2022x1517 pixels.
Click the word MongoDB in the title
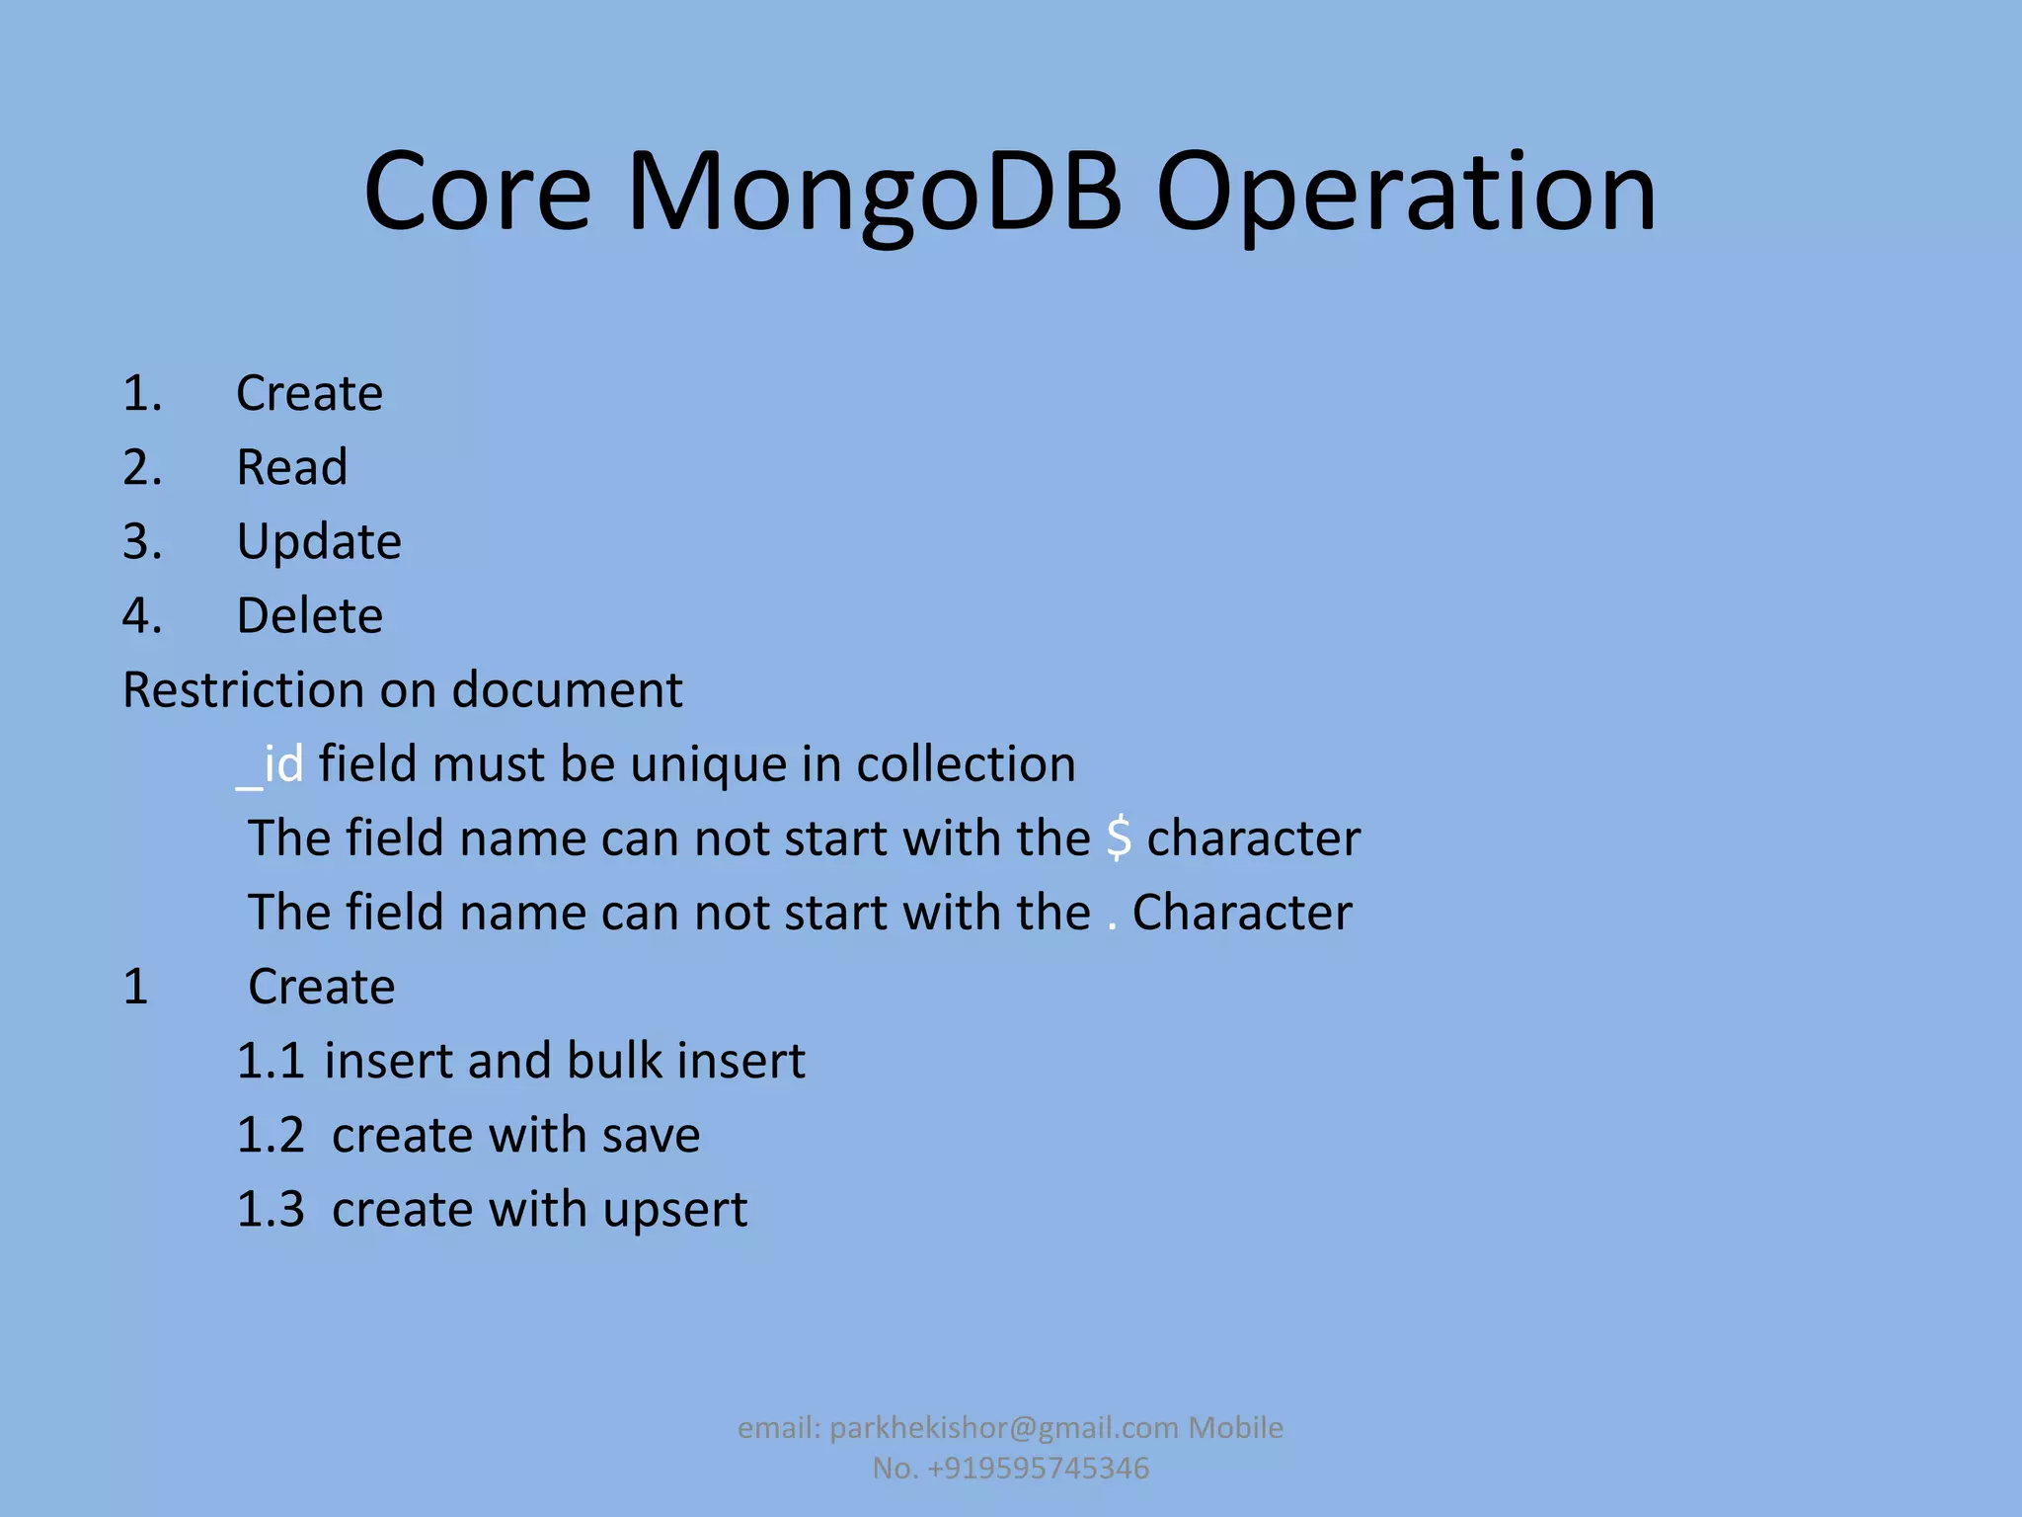874,193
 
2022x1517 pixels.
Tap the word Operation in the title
1405,193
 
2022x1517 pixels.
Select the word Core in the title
477,193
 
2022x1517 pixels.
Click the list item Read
291,467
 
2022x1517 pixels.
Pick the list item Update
319,542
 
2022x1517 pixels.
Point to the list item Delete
309,616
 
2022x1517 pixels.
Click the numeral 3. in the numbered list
142,542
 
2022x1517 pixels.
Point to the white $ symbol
1118,838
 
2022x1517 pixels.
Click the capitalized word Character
1241,913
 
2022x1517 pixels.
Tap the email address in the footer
1003,1428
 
